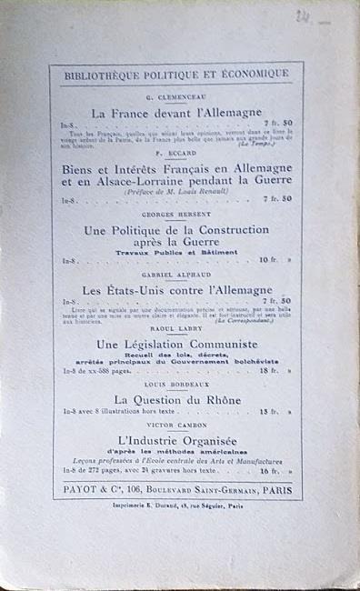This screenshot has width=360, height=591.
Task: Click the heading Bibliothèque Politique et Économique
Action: click(x=177, y=74)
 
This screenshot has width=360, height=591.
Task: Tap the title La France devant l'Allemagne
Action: click(x=177, y=112)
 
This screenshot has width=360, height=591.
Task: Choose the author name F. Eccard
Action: click(x=177, y=154)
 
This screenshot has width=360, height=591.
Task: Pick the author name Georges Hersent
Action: click(x=177, y=215)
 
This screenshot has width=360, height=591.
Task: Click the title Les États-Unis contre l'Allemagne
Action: click(x=177, y=289)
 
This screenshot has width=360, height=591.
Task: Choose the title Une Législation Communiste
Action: click(x=177, y=345)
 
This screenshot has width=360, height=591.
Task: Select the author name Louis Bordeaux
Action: click(x=177, y=385)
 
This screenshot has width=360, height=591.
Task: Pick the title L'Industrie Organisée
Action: click(x=177, y=440)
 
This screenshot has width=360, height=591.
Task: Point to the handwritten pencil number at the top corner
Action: click(x=303, y=16)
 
